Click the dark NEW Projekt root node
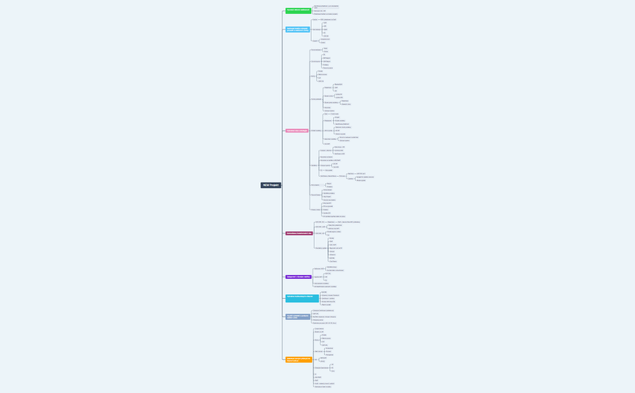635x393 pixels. pyautogui.click(x=271, y=185)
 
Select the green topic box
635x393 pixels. pyautogui.click(x=298, y=10)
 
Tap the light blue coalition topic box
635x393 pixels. pyautogui.click(x=298, y=29)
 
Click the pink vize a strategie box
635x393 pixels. pyautogui.click(x=297, y=131)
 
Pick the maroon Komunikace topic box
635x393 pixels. pyautogui.click(x=299, y=233)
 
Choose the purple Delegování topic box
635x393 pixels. pyautogui.click(x=298, y=277)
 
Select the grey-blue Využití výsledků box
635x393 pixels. pyautogui.click(x=298, y=316)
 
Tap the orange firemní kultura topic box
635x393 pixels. pyautogui.click(x=299, y=359)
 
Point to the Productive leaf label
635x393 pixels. pyautogui.click(x=329, y=348)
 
